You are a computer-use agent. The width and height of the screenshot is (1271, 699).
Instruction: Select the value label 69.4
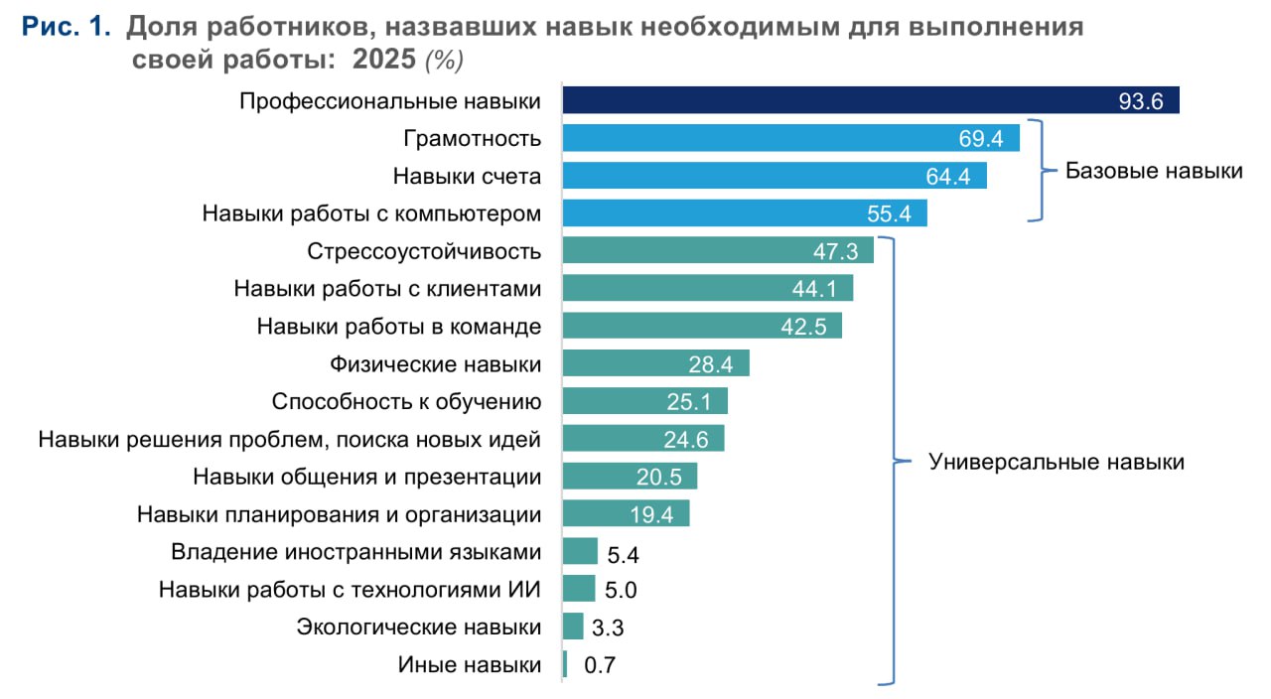995,139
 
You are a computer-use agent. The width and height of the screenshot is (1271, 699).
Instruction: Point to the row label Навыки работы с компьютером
371,213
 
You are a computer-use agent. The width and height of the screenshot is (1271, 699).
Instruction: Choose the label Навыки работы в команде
398,327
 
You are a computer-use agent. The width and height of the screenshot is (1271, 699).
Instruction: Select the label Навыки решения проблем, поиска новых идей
289,439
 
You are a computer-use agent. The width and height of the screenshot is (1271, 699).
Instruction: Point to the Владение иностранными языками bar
580,552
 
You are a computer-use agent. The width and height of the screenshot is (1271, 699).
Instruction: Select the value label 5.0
621,591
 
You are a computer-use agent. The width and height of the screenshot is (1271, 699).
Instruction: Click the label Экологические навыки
419,627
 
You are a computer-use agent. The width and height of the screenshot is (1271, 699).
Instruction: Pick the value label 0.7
600,666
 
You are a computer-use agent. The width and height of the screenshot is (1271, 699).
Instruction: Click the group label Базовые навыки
1154,171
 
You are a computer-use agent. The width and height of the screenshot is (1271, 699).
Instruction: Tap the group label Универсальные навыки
1056,462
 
